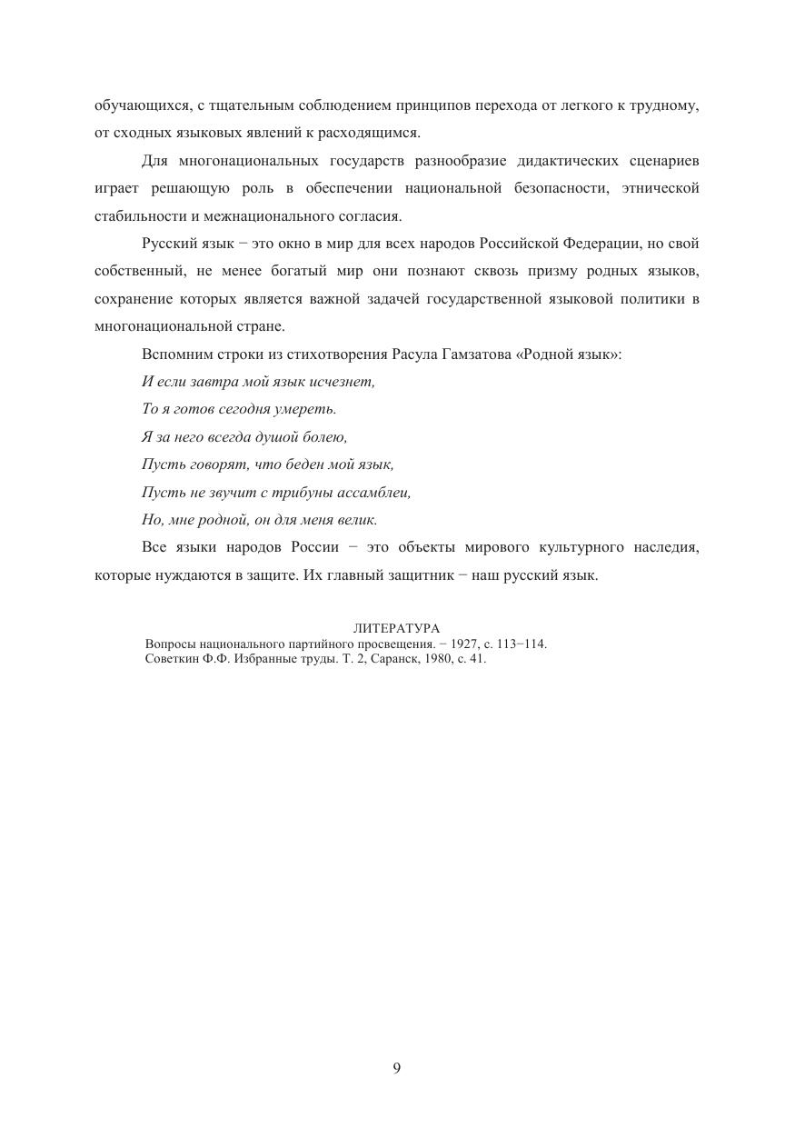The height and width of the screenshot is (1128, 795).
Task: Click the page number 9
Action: tap(397, 1068)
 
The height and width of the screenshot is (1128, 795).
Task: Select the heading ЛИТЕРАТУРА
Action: tap(396, 628)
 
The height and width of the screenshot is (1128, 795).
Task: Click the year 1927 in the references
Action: tap(464, 644)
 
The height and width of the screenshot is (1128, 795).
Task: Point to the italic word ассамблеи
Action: tap(377, 493)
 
